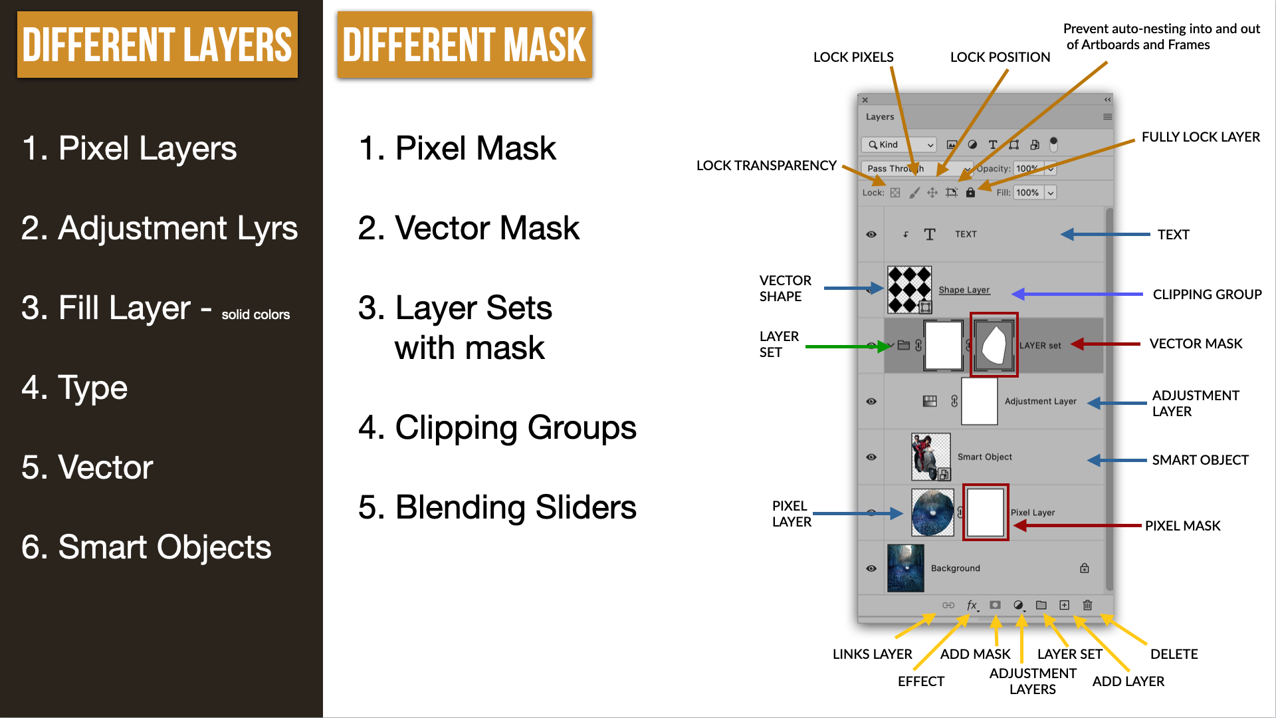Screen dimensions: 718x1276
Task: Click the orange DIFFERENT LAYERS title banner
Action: coord(158,45)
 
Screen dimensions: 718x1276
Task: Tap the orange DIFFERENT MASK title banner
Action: coord(465,45)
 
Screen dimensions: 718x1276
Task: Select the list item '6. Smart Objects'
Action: coord(146,547)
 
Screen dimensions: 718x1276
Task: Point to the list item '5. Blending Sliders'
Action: coord(497,507)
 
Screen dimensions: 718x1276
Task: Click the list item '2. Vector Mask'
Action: coord(469,228)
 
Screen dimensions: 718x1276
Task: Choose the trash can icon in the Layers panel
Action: coord(1087,605)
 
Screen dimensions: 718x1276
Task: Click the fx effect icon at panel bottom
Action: coord(972,605)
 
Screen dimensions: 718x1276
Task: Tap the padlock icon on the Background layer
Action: coord(1085,568)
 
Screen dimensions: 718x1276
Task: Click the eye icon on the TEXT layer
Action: coord(871,234)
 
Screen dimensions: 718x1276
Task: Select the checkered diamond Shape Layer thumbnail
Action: coord(910,289)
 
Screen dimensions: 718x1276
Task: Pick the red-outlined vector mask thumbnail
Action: coord(994,345)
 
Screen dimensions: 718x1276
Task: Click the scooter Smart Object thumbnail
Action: coord(930,457)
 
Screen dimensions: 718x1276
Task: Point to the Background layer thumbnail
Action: coord(905,568)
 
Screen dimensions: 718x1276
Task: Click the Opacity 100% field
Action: coord(1027,168)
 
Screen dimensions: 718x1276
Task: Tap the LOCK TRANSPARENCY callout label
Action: coord(766,166)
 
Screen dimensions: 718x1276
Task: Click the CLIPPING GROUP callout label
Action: coord(1207,295)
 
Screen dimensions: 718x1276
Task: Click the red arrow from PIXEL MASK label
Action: coord(1077,525)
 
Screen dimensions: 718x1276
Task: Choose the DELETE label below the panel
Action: coord(1174,654)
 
